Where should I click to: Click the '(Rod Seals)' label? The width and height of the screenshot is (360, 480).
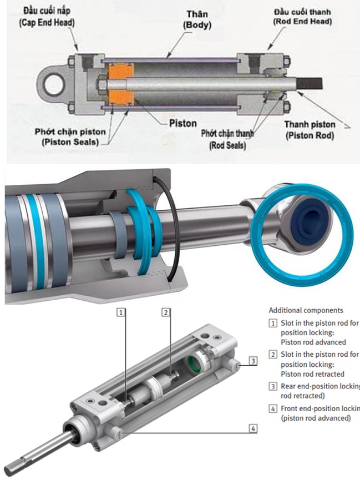coord(227,145)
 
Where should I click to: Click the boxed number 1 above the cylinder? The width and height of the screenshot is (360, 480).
coord(121,312)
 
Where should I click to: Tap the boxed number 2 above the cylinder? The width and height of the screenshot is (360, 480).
coord(165,312)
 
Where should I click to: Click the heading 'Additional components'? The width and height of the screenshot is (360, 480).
coord(306,310)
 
